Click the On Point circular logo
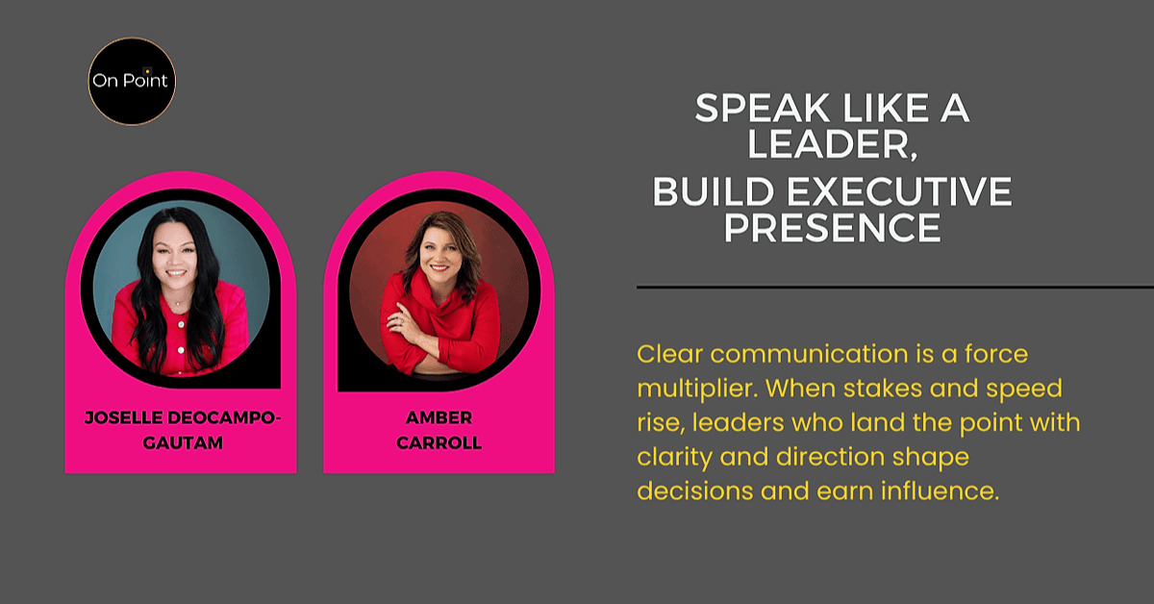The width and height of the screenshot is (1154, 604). [x=132, y=82]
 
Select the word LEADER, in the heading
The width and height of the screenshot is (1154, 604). [x=833, y=144]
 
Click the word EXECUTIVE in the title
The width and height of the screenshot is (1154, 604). [x=899, y=191]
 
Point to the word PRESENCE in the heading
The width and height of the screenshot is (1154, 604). [x=833, y=227]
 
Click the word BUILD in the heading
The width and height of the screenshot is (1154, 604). [x=714, y=191]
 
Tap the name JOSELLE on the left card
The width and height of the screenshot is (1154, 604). [x=124, y=417]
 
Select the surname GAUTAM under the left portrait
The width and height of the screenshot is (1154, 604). [x=183, y=442]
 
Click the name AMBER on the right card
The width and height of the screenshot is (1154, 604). [x=439, y=417]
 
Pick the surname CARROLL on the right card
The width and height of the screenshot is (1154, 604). [x=439, y=442]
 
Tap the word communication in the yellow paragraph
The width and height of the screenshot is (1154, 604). [x=809, y=354]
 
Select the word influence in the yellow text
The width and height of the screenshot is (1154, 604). [x=940, y=491]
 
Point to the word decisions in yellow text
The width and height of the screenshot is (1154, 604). [x=695, y=491]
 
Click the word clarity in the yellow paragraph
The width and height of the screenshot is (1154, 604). [x=674, y=458]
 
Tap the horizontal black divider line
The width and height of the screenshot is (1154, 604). [x=895, y=287]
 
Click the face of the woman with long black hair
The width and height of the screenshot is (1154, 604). [x=175, y=255]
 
